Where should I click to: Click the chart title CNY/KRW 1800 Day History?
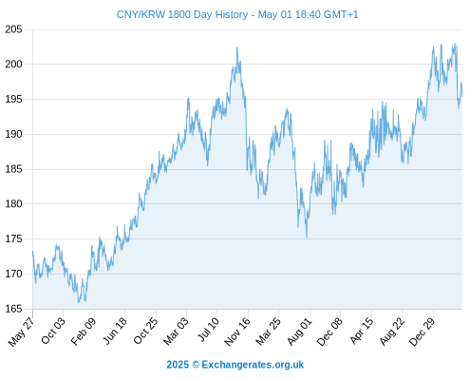(182, 14)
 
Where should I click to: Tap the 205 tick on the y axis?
(13, 29)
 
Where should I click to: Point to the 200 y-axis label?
(13, 65)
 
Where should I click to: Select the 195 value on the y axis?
(13, 100)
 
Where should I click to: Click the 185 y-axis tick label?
(13, 169)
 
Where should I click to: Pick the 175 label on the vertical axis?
(13, 239)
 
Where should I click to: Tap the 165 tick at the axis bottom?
(13, 309)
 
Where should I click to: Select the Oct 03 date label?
(53, 331)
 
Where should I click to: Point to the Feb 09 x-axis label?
(84, 331)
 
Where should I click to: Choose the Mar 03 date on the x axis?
(176, 331)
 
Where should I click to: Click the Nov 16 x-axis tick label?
(237, 332)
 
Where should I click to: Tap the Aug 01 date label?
(299, 331)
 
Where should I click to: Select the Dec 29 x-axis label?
(423, 332)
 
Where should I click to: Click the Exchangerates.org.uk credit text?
(253, 365)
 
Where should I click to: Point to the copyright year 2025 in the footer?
(178, 365)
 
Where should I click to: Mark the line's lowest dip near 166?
(79, 302)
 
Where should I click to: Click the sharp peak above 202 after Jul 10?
(236, 48)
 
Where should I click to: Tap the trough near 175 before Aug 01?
(307, 237)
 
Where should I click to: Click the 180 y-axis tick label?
(13, 204)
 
